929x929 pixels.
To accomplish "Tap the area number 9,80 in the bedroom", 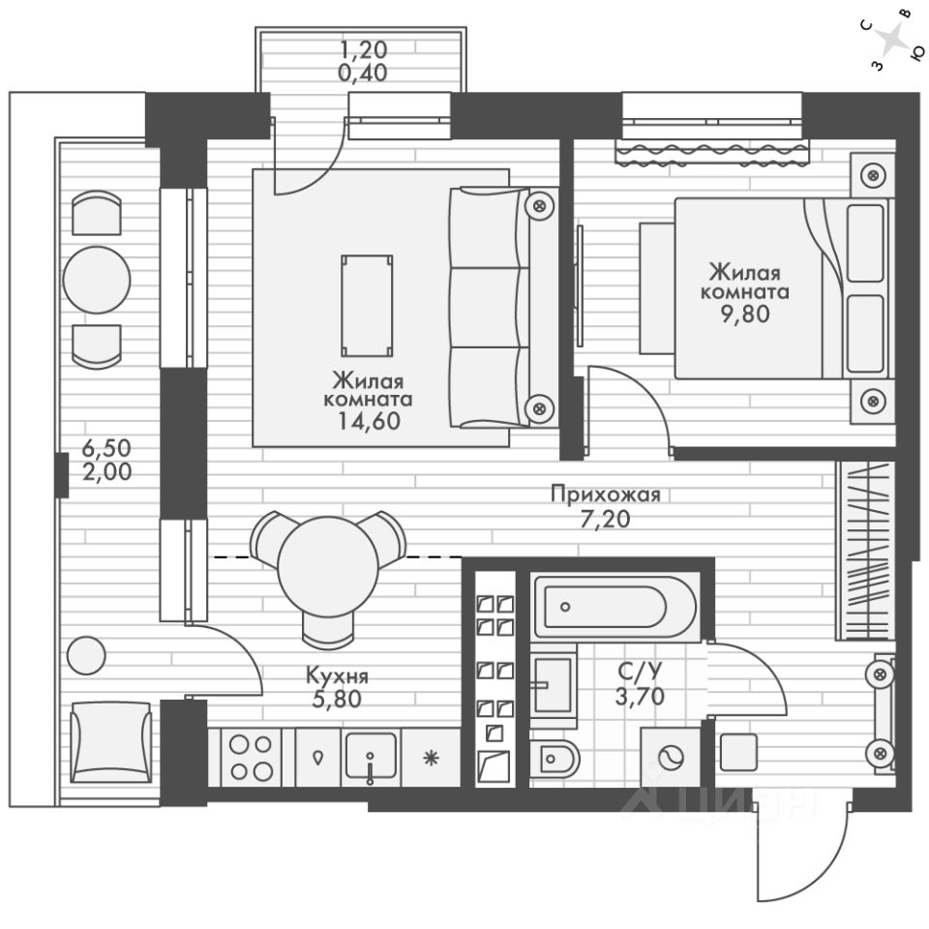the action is click(x=744, y=314).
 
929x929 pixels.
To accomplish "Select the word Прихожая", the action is click(x=605, y=495).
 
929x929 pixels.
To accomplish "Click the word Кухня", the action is click(x=337, y=676).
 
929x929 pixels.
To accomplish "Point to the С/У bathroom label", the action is click(x=641, y=671).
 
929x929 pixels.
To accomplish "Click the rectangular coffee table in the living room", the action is click(x=367, y=305).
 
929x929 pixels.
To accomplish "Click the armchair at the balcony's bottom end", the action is click(x=111, y=742).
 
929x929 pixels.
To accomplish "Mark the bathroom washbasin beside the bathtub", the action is click(x=553, y=684).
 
